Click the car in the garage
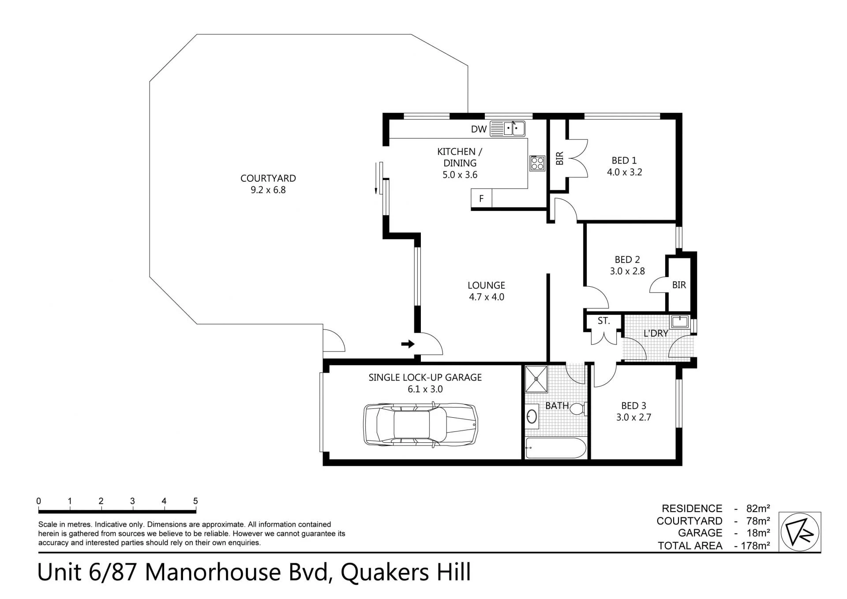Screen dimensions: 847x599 pos(420,425)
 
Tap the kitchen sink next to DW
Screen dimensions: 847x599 pos(508,128)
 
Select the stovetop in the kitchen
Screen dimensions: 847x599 pos(537,163)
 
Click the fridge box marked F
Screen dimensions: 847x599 pos(481,198)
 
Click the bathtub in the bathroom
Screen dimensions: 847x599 pos(556,448)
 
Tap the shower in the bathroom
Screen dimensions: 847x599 pos(536,379)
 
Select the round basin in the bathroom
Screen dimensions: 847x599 pos(532,416)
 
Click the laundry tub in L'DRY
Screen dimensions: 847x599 pos(680,321)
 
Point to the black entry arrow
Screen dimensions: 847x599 pos(408,344)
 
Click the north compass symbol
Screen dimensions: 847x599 pos(800,532)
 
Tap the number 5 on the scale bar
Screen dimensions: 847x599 pos(195,501)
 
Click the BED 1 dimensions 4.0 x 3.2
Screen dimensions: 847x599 pos(624,172)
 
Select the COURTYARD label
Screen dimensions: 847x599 pos(268,178)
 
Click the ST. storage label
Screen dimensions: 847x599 pos(603,321)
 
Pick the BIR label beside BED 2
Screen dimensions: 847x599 pos(679,285)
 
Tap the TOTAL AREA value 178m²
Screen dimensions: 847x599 pos(755,546)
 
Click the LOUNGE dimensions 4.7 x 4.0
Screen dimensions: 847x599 pos(487,297)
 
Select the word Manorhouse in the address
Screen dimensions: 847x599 pos(213,572)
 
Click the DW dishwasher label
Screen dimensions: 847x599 pos(479,129)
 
